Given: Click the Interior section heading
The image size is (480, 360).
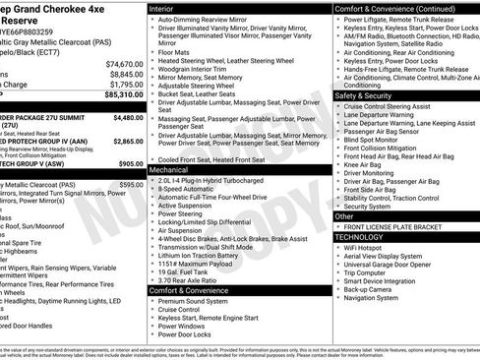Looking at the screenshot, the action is (163, 8).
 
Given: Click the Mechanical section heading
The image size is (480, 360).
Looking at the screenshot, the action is (170, 170).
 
